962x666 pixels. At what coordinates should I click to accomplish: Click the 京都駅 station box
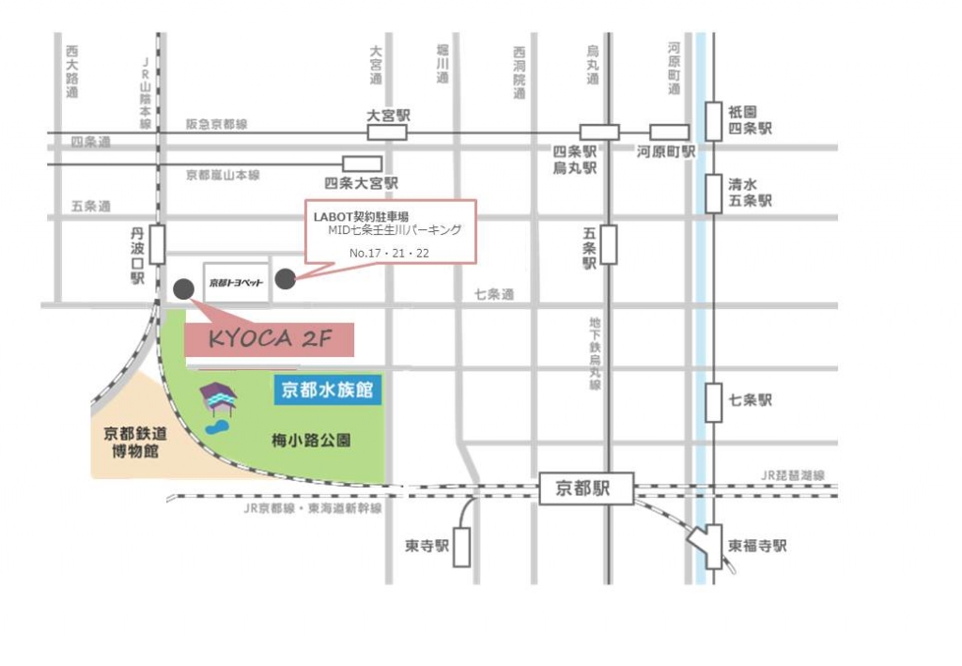click(587, 488)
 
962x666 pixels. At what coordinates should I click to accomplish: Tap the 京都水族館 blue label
click(329, 391)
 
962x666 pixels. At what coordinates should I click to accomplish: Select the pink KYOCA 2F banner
click(270, 339)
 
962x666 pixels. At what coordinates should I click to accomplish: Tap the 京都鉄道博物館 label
click(132, 442)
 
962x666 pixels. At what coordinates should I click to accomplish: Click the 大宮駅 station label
click(388, 116)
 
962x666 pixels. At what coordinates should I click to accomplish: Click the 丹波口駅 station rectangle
click(157, 243)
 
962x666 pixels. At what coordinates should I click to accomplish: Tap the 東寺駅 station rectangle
click(461, 547)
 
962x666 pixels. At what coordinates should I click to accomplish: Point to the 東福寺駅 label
click(757, 546)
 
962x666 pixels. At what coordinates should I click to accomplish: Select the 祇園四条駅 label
click(750, 118)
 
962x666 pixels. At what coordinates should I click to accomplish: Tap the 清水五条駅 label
click(750, 193)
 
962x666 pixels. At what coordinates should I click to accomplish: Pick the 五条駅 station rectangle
click(609, 244)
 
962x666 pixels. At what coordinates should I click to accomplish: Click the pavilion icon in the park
click(218, 399)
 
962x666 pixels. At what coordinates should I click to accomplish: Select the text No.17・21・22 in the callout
click(388, 254)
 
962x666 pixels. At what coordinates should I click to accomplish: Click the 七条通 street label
click(494, 295)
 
